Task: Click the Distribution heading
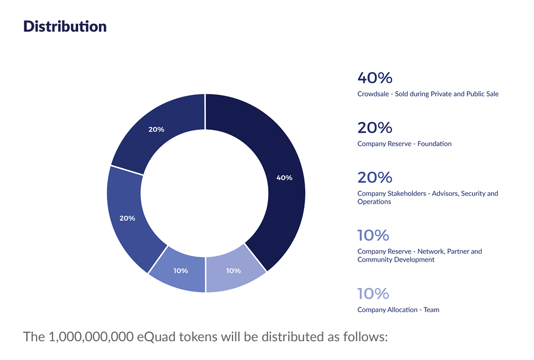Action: coord(65,26)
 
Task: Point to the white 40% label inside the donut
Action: coord(284,178)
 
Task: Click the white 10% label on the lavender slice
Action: coord(233,270)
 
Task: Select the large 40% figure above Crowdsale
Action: coord(374,78)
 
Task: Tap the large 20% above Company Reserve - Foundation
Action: coord(374,128)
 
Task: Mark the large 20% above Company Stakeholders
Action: coord(374,177)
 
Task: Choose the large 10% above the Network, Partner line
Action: coord(373,235)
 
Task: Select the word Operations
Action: coord(374,202)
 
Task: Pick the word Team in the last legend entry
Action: coord(431,310)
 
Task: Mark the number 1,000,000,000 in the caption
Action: coord(91,337)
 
